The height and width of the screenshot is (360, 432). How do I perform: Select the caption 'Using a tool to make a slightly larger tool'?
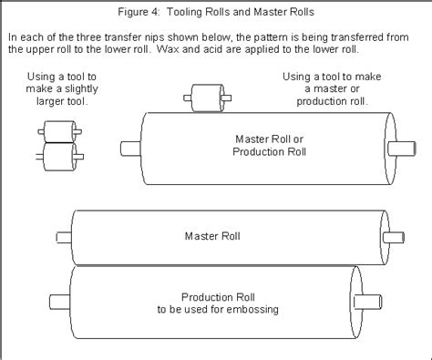[x=57, y=90]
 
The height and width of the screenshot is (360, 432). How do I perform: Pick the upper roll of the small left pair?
[x=57, y=135]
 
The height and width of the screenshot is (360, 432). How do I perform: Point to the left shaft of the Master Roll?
[x=63, y=237]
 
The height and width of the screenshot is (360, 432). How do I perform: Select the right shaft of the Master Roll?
[x=394, y=237]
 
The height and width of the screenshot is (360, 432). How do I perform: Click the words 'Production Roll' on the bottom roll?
[x=211, y=296]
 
